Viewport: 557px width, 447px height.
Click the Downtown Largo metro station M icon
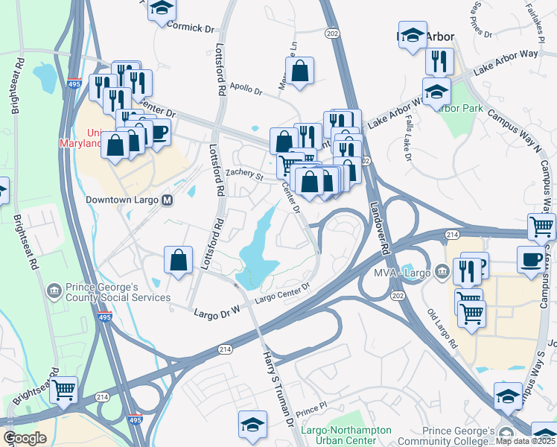click(x=168, y=200)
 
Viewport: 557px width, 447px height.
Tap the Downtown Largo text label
click(x=124, y=200)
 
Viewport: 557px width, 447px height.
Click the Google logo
click(x=24, y=438)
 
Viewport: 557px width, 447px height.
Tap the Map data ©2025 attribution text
click(x=526, y=441)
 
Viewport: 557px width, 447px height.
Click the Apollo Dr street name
click(x=246, y=91)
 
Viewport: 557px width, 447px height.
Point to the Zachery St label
click(x=245, y=174)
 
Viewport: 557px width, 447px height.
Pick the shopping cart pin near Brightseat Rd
click(x=64, y=389)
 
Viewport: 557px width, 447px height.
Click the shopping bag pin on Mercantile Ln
click(x=299, y=72)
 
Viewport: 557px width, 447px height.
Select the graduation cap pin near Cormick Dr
click(x=161, y=9)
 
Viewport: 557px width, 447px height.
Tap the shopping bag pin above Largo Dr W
click(x=179, y=261)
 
